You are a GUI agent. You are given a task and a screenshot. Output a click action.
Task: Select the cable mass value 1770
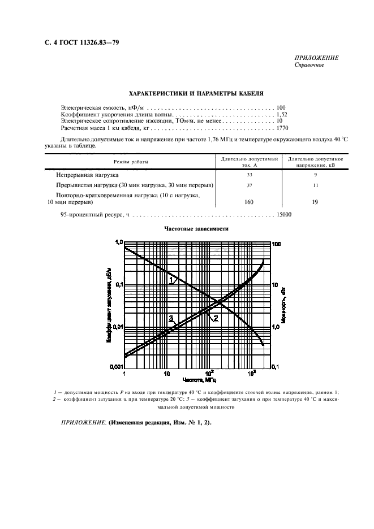[282, 129]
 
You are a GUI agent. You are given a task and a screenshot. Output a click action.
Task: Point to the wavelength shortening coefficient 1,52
[281, 114]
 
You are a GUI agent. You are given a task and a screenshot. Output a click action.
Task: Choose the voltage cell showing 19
[316, 202]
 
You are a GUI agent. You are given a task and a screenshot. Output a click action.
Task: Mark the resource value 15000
[283, 215]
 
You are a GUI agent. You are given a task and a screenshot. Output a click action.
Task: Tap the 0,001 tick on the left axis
[115, 367]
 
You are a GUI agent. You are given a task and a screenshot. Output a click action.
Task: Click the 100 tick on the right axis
[277, 244]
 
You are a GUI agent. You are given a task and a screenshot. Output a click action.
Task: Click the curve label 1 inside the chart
[172, 280]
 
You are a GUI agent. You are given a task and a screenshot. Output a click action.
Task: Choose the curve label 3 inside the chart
[171, 319]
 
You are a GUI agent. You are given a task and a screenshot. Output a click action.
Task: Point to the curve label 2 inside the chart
[216, 319]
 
